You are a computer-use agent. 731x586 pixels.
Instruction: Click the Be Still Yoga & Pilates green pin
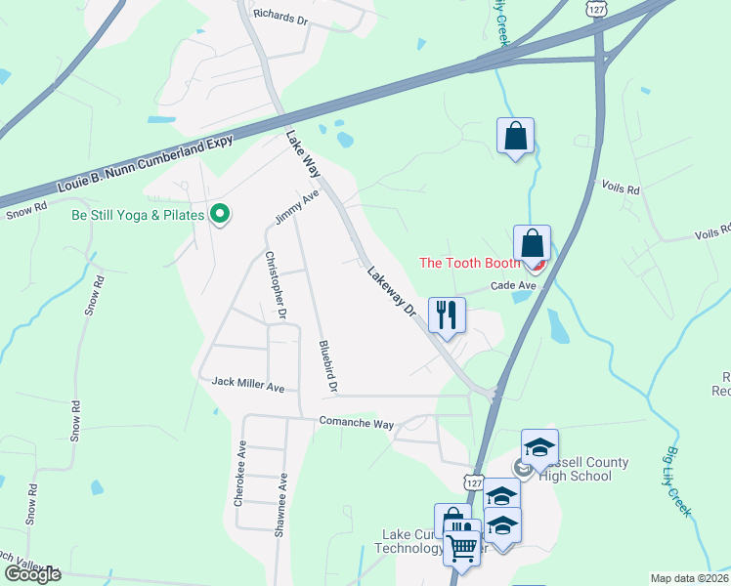[x=221, y=213]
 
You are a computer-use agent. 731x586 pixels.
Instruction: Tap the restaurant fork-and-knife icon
[x=447, y=314]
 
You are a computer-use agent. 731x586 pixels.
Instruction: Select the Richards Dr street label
[x=280, y=15]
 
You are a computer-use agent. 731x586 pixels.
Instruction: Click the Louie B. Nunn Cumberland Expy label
[x=146, y=164]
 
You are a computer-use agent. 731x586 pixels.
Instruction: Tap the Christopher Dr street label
[x=275, y=285]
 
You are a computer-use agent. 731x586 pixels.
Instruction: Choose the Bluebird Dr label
[x=327, y=367]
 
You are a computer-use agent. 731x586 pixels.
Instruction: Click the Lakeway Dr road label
[x=393, y=291]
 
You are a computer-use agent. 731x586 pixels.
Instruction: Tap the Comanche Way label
[x=356, y=424]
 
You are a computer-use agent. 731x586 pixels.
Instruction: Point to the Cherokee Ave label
[x=238, y=473]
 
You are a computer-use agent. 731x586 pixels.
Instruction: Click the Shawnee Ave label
[x=281, y=500]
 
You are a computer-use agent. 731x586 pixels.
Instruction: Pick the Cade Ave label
[x=513, y=285]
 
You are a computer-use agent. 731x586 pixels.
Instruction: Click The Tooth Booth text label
[x=467, y=263]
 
